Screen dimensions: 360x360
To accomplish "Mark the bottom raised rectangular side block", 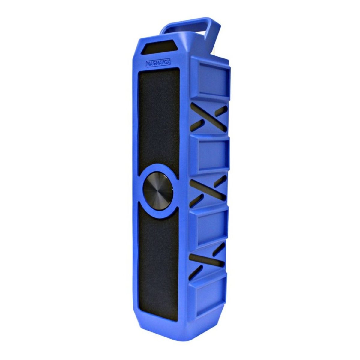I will (x=207, y=292).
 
